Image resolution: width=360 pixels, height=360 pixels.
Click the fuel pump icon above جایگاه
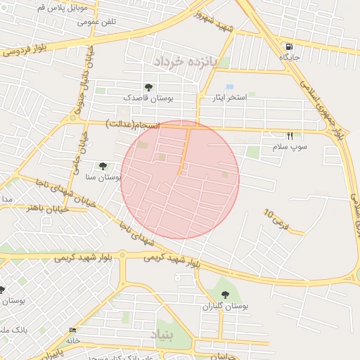(x=288, y=46)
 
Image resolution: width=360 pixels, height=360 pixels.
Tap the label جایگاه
(x=290, y=56)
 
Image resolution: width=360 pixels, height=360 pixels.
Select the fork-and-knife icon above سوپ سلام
(x=289, y=136)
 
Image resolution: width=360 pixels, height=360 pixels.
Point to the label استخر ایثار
(x=231, y=98)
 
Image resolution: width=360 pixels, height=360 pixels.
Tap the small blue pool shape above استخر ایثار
(x=230, y=86)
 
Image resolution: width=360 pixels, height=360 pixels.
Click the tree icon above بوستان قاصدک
(x=148, y=86)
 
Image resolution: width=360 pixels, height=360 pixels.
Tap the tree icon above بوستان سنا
(x=103, y=167)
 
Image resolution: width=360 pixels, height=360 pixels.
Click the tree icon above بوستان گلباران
(x=226, y=295)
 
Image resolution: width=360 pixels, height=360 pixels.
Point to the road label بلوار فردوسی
(x=25, y=51)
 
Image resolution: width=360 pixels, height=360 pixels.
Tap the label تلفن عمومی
(x=100, y=21)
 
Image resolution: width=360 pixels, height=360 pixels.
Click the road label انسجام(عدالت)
(x=133, y=124)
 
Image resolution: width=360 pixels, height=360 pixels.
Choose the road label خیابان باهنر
(x=46, y=207)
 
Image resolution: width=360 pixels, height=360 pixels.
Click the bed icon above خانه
(x=73, y=330)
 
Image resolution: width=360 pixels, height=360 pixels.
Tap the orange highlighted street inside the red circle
(x=185, y=151)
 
